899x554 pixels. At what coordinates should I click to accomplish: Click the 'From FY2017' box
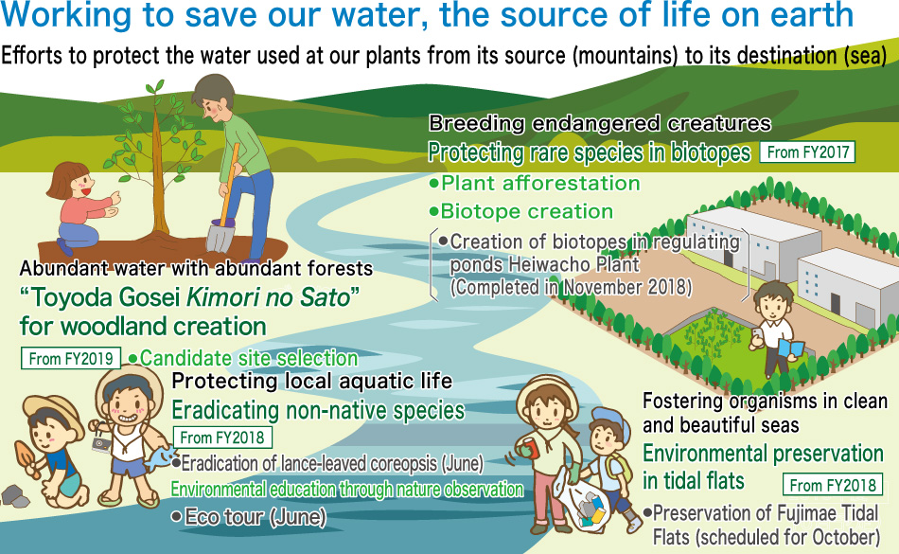(x=807, y=152)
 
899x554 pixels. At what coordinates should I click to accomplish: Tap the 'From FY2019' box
(x=71, y=358)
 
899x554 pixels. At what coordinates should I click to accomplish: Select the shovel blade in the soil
(x=220, y=237)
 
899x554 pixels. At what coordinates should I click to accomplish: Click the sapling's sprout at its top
(x=155, y=89)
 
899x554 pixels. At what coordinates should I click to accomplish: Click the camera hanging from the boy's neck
(x=101, y=444)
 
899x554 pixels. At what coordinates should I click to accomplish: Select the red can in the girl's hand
(x=529, y=447)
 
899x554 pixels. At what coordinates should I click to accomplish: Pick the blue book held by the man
(x=791, y=348)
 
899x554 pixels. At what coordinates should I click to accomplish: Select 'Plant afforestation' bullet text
(x=536, y=183)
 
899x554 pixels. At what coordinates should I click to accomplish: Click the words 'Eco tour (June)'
(x=250, y=517)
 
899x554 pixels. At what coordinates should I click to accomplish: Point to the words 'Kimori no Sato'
(x=269, y=297)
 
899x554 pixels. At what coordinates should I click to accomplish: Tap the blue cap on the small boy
(x=603, y=418)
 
